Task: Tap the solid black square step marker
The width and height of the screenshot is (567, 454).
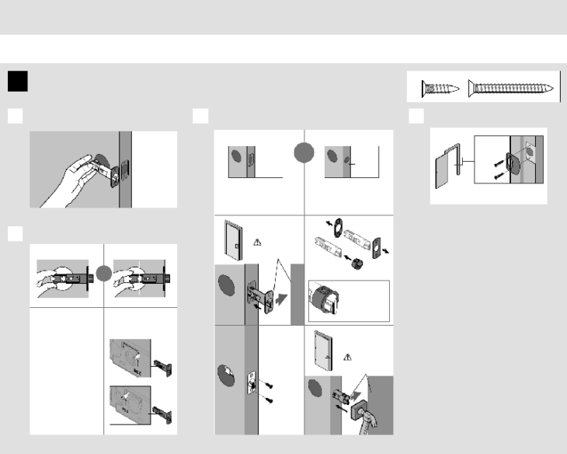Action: (x=17, y=82)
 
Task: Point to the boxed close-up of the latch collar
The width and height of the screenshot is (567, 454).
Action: (x=348, y=299)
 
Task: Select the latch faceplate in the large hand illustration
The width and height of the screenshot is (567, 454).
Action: (x=120, y=170)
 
